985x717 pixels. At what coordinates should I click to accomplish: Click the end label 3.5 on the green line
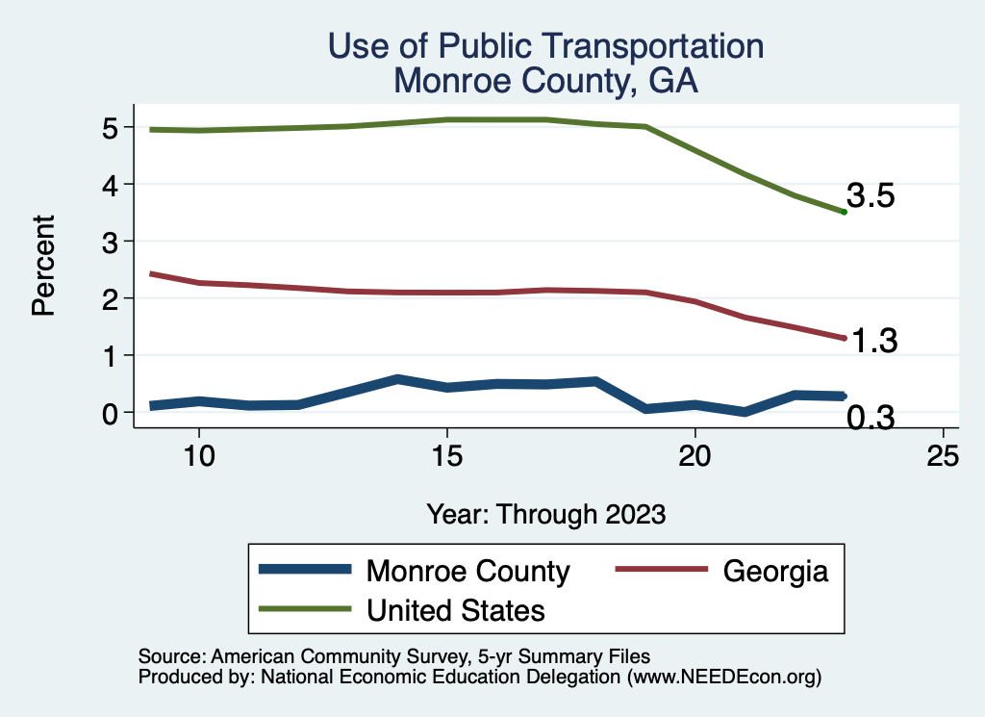[871, 196]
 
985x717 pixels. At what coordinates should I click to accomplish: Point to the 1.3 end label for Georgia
[872, 341]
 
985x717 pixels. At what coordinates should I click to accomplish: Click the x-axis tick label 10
[198, 456]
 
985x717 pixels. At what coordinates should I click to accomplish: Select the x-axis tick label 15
[446, 456]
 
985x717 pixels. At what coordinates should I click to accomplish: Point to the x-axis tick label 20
[695, 456]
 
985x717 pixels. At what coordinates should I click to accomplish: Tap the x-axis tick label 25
[943, 456]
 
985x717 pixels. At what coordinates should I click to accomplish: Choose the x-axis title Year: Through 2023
[546, 514]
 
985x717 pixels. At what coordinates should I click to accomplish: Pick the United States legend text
[456, 610]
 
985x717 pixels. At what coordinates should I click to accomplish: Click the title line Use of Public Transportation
[546, 46]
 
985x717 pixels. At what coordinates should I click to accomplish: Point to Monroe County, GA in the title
[546, 82]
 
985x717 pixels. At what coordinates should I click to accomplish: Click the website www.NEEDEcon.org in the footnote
[723, 678]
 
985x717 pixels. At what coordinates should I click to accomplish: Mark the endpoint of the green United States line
[844, 212]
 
